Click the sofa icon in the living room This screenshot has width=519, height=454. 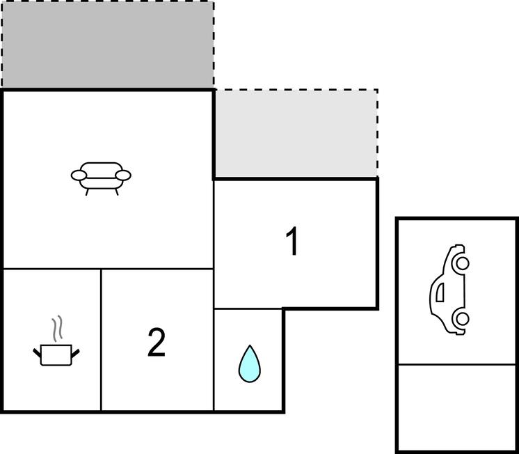[101, 178]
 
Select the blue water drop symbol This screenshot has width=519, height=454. [250, 363]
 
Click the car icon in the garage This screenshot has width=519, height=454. [449, 289]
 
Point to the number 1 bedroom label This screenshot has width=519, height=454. [293, 241]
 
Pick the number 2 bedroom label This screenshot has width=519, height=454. [157, 343]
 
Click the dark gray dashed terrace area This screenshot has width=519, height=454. [108, 45]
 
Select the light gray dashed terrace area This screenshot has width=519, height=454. [296, 133]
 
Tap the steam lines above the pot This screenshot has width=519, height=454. [57, 329]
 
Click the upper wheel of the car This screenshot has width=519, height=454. [463, 263]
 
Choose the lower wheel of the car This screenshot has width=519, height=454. [463, 318]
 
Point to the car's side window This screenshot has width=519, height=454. [440, 292]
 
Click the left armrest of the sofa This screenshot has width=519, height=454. [79, 175]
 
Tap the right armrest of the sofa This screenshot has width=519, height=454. [123, 175]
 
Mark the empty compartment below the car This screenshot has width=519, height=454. [457, 407]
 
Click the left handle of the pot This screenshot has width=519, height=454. [37, 353]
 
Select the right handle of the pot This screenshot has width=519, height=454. [75, 353]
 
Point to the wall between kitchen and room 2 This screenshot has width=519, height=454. [101, 340]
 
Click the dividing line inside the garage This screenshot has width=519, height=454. [457, 365]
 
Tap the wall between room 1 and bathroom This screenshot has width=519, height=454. [248, 309]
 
